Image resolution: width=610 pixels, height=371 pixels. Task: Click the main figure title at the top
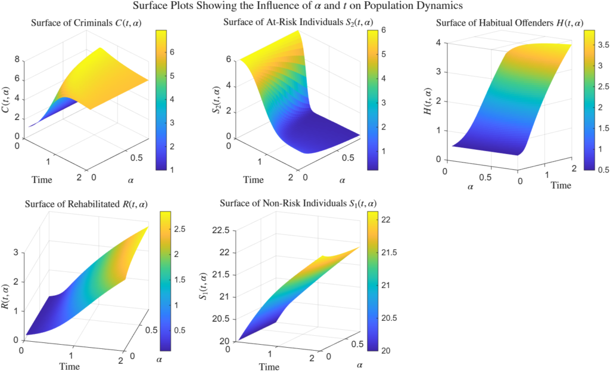pyautogui.click(x=305, y=7)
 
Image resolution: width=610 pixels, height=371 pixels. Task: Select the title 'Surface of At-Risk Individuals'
pyautogui.click(x=290, y=23)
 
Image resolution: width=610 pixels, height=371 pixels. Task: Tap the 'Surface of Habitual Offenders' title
pyautogui.click(x=509, y=23)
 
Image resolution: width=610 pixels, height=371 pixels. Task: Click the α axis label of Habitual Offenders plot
pyautogui.click(x=471, y=187)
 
